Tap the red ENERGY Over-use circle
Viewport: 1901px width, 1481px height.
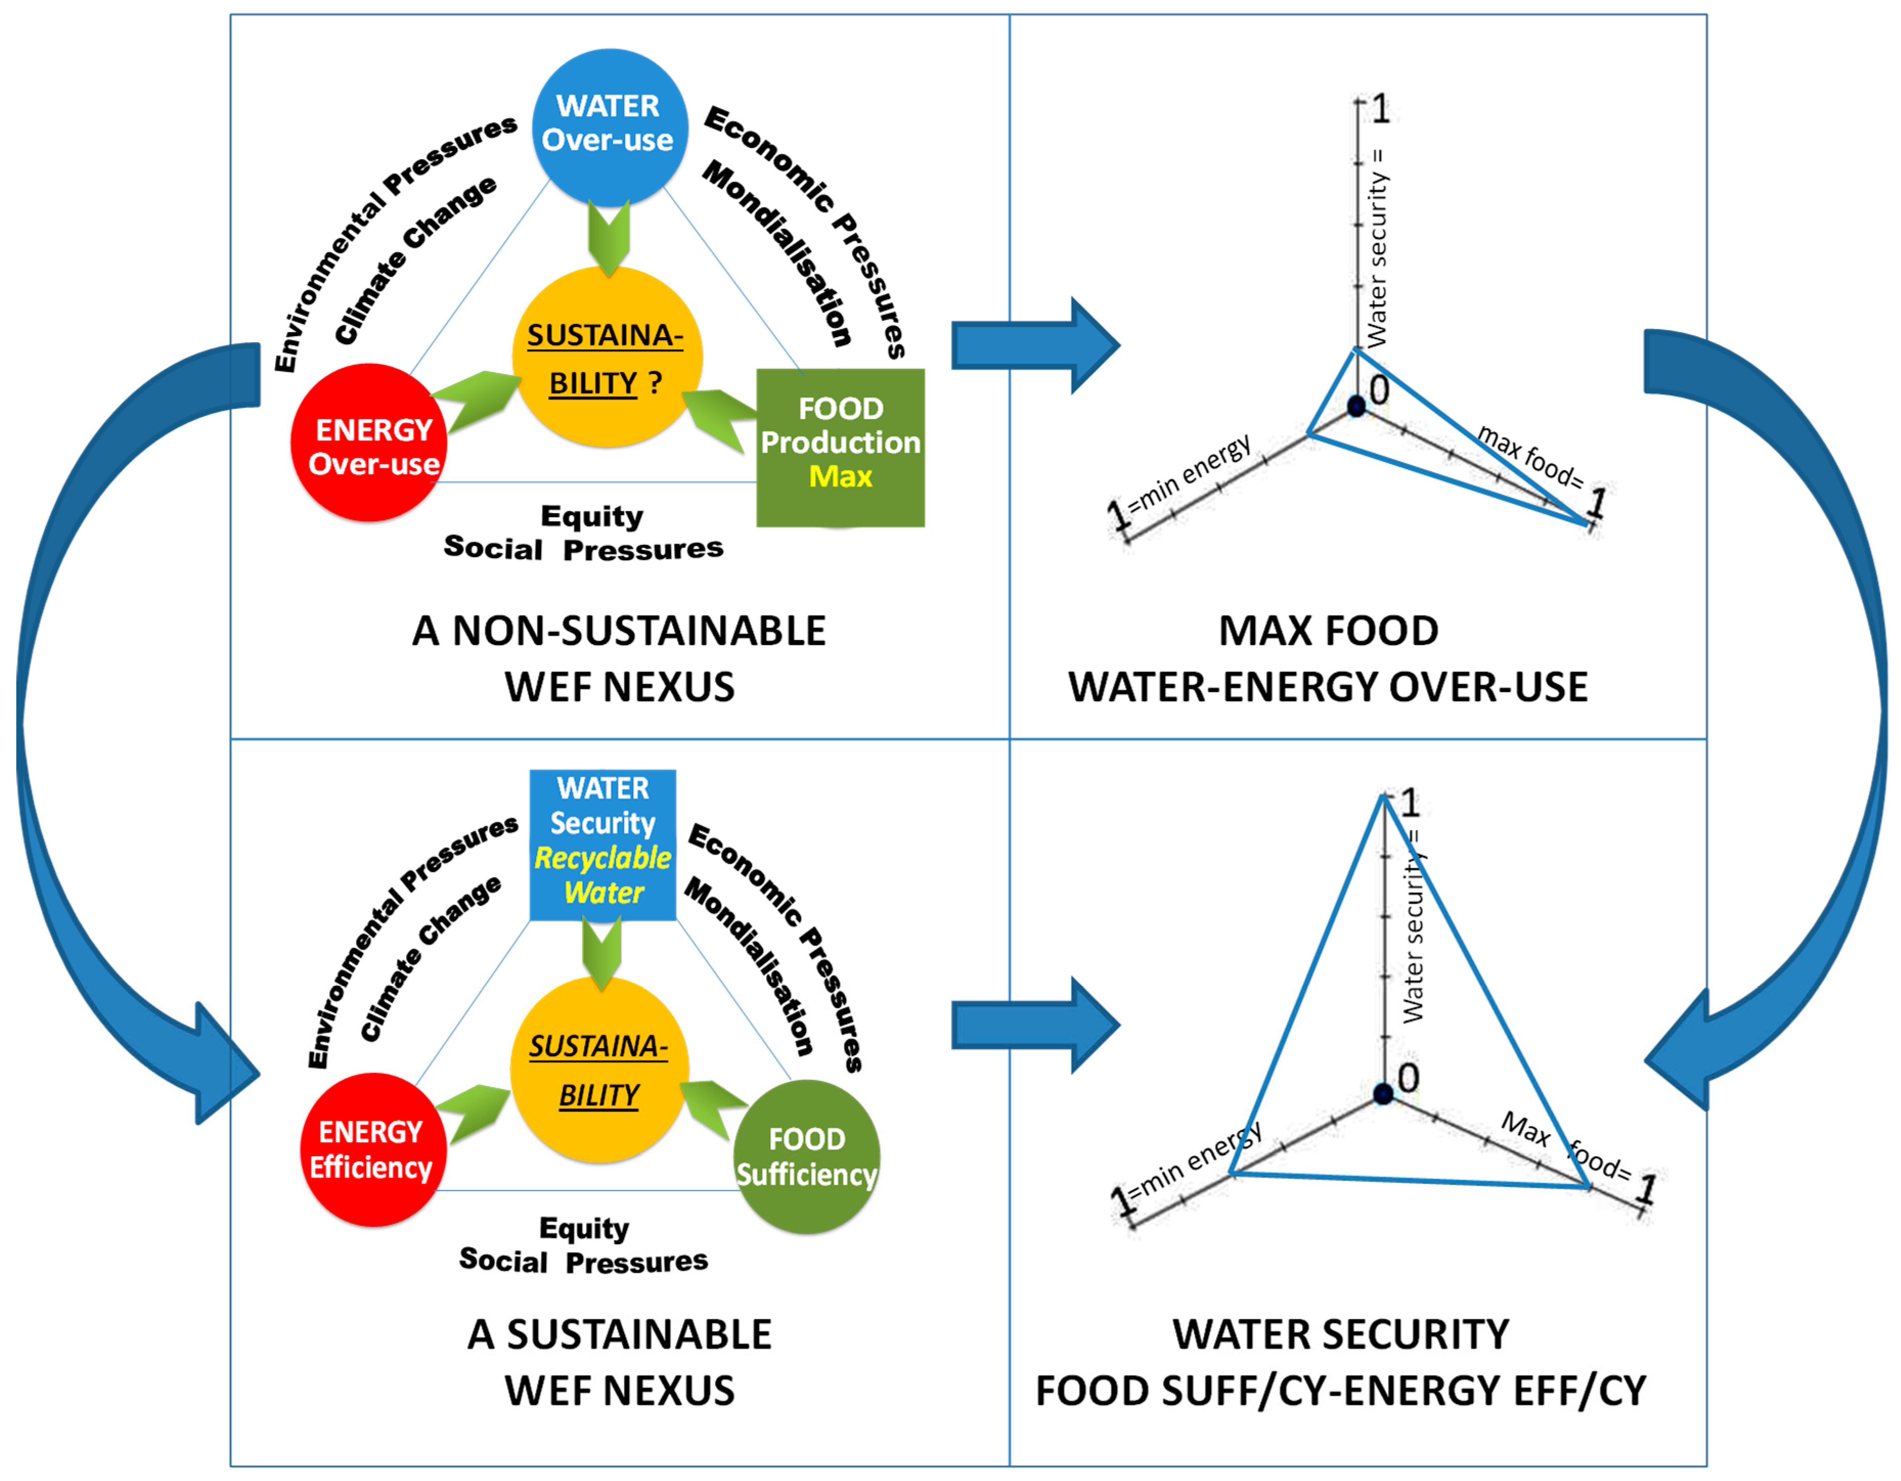[x=370, y=443]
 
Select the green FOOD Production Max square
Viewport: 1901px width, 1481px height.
[x=840, y=448]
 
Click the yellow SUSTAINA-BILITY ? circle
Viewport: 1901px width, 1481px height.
[x=607, y=358]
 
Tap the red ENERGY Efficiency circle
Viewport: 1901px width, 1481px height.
[x=372, y=1150]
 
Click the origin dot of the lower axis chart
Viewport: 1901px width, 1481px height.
[x=1383, y=1094]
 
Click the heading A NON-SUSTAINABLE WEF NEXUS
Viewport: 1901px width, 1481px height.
[x=619, y=658]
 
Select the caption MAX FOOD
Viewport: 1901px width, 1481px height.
[x=1328, y=630]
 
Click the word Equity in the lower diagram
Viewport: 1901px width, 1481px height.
[x=584, y=1228]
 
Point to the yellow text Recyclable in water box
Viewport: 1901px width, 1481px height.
[x=602, y=857]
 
